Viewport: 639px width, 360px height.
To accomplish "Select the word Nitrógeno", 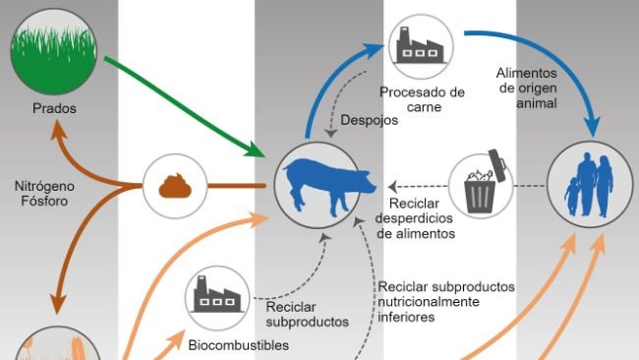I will (43, 184).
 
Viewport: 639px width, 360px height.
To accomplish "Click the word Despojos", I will (369, 122).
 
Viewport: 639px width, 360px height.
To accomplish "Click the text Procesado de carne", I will (422, 100).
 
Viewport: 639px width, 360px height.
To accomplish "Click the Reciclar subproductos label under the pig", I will (307, 314).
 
